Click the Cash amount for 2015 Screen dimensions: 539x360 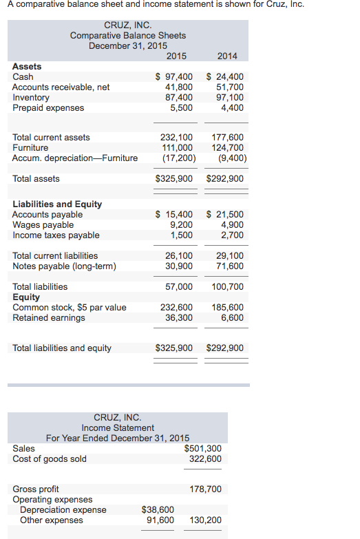[175, 77]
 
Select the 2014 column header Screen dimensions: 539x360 [227, 56]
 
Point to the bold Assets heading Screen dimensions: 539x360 [27, 67]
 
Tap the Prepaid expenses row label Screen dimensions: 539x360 [48, 108]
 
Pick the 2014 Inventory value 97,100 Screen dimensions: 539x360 [229, 98]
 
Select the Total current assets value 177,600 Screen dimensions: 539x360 [229, 138]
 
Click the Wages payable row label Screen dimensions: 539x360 [43, 225]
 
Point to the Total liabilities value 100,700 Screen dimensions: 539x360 [228, 286]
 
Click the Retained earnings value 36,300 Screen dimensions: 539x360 [179, 318]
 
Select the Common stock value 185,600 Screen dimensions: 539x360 [229, 308]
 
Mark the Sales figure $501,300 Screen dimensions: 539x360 [203, 449]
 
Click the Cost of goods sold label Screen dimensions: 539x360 [50, 459]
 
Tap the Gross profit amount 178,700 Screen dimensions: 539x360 [205, 489]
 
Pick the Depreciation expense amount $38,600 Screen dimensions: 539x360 [158, 510]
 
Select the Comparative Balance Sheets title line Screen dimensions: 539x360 [128, 35]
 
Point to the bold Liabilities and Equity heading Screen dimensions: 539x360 [57, 204]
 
